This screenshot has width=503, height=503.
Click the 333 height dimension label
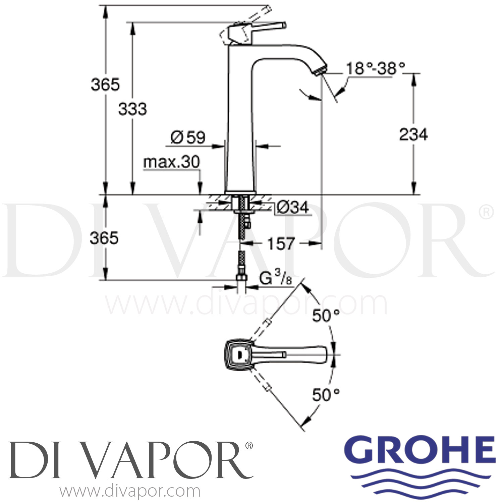[x=132, y=109]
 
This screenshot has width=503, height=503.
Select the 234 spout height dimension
[x=413, y=135]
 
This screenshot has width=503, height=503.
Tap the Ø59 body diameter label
[x=188, y=137]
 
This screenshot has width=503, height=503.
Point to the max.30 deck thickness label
[x=171, y=162]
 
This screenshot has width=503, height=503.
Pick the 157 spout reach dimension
[x=281, y=244]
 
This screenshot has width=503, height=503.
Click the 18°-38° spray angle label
[x=375, y=69]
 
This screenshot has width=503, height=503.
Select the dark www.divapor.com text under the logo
[x=129, y=492]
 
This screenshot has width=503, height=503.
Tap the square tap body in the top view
[x=238, y=354]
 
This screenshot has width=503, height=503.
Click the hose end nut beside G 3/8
[x=240, y=278]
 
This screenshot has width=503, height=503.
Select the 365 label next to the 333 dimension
[x=105, y=85]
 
